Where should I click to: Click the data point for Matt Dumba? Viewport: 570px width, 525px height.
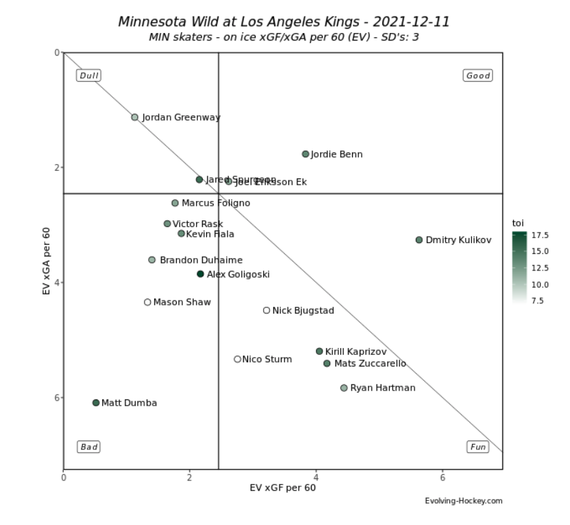[x=96, y=403]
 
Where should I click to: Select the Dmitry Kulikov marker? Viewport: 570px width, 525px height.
[x=419, y=240]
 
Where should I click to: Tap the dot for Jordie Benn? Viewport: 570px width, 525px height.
[x=306, y=154]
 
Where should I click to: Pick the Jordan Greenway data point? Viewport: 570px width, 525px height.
[x=135, y=117]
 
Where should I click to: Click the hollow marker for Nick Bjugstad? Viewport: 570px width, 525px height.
[x=267, y=310]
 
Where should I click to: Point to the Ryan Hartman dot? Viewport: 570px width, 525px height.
[x=344, y=388]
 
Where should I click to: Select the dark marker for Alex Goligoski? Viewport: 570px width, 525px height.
[x=200, y=274]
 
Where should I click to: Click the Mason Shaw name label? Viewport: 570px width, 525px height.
[x=182, y=302]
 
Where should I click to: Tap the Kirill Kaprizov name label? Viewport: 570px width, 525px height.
[x=356, y=351]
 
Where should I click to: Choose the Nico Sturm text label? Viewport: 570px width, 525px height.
[x=267, y=359]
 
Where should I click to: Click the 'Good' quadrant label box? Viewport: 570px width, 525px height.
[x=478, y=75]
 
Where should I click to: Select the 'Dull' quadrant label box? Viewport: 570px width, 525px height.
[x=89, y=75]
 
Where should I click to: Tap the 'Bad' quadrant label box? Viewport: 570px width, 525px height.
[x=89, y=447]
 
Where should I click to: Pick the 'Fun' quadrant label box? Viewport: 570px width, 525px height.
[x=478, y=447]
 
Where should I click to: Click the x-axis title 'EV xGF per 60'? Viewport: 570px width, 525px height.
[x=283, y=488]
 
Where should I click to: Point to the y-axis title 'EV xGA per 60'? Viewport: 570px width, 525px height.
[x=47, y=261]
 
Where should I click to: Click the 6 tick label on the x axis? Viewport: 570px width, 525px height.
[x=443, y=478]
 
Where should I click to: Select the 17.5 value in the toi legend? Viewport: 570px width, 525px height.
[x=541, y=235]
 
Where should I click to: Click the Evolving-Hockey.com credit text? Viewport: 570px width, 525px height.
[x=464, y=501]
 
